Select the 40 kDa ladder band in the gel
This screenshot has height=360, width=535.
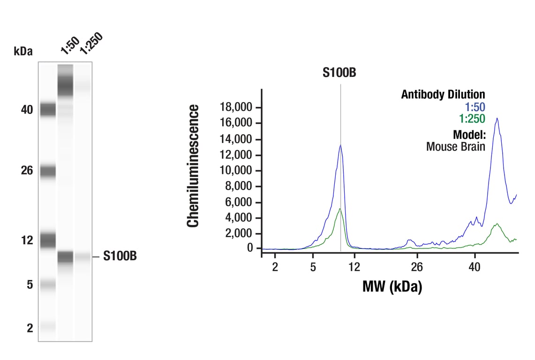pos(47,110)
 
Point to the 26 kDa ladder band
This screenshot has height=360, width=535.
pos(47,171)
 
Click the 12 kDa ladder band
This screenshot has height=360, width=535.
pos(47,240)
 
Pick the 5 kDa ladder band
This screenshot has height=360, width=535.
pos(47,284)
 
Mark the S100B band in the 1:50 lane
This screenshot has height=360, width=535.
pos(65,257)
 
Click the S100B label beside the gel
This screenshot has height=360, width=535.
pos(120,256)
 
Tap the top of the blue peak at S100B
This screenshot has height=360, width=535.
pos(340,145)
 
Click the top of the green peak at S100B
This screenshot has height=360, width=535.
pos(340,209)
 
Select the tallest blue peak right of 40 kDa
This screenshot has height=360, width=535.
pos(497,119)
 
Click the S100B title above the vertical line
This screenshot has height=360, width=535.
pos(339,73)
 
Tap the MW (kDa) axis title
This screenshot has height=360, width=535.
pos(392,286)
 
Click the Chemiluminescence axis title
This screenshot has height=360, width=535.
pos(193,166)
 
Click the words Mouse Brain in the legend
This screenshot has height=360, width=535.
pos(455,146)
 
